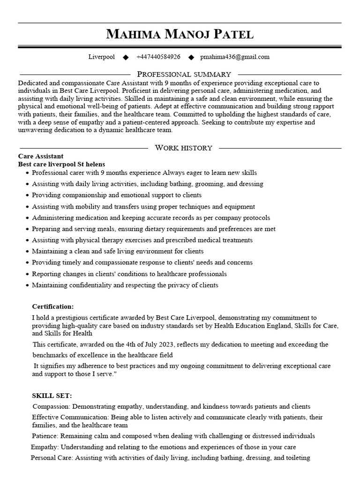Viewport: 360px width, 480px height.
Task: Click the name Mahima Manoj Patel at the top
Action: pyautogui.click(x=180, y=34)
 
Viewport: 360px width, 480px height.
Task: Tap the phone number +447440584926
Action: pyautogui.click(x=158, y=57)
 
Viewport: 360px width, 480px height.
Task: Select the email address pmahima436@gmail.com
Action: pyautogui.click(x=235, y=57)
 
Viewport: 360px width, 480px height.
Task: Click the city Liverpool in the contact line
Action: pyautogui.click(x=102, y=57)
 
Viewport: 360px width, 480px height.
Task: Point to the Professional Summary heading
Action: pyautogui.click(x=184, y=75)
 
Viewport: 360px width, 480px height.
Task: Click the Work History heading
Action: pyautogui.click(x=183, y=148)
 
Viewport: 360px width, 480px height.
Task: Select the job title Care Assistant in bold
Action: pyautogui.click(x=41, y=156)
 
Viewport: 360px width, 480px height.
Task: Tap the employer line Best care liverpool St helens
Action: pyautogui.click(x=61, y=164)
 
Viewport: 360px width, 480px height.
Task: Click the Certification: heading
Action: pyautogui.click(x=52, y=307)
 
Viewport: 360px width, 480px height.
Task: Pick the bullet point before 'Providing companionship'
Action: pyautogui.click(x=28, y=195)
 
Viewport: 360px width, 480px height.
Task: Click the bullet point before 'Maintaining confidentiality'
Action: pyautogui.click(x=28, y=285)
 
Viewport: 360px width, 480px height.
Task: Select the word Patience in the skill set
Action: pyautogui.click(x=45, y=436)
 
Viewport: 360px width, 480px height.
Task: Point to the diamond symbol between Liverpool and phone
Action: pyautogui.click(x=126, y=58)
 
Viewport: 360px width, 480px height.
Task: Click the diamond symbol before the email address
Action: pyautogui.click(x=191, y=58)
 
